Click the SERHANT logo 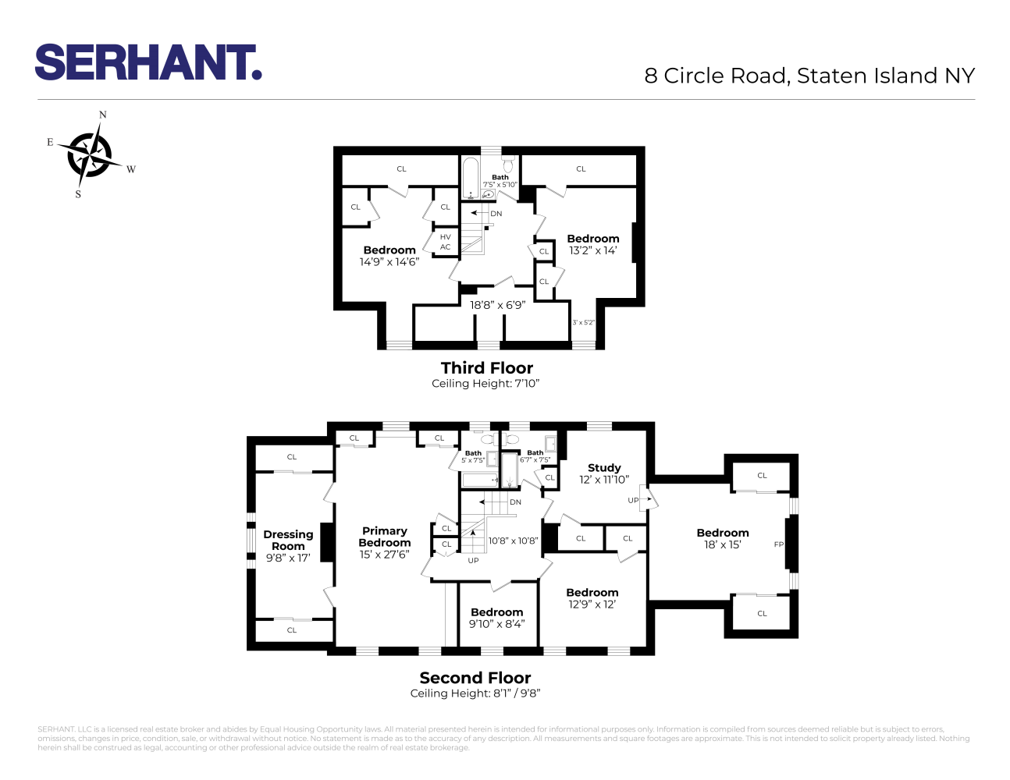point(148,62)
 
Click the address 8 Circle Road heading point(809,76)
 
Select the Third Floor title point(486,368)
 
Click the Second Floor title point(475,678)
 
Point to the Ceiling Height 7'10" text point(485,384)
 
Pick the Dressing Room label point(288,540)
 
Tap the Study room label point(604,467)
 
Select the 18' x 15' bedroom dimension point(722,544)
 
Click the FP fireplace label point(778,544)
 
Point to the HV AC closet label point(445,242)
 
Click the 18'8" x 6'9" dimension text point(497,305)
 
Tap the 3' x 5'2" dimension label point(583,322)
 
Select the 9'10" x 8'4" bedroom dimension point(496,624)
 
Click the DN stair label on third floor point(496,213)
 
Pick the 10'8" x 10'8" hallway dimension point(513,541)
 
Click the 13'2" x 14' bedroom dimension point(592,250)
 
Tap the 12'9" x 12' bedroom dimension point(592,604)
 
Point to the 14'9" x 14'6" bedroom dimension point(389,262)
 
